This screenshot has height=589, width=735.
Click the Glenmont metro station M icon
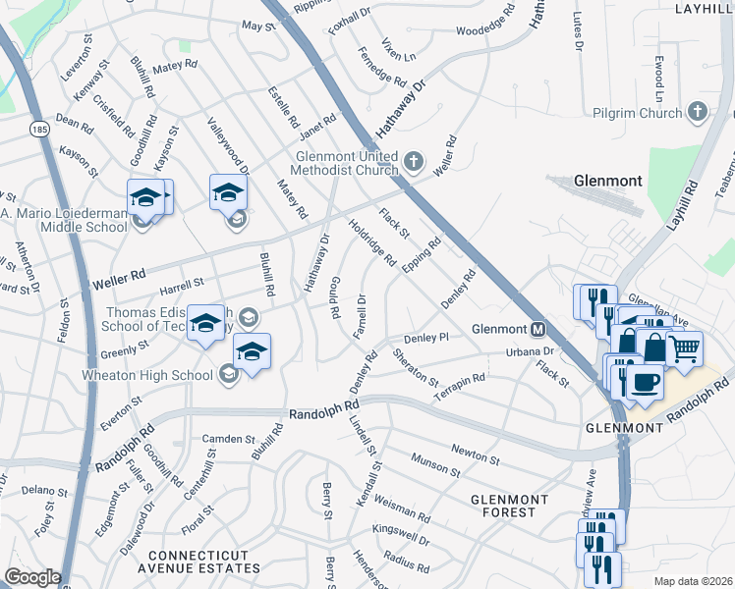point(538,329)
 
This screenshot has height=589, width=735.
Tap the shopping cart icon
point(684,347)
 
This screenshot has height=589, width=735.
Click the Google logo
point(32,577)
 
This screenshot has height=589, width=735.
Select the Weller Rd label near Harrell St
point(119,280)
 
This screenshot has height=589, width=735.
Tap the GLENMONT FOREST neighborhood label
point(503,506)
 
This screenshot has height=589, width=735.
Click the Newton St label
point(476,454)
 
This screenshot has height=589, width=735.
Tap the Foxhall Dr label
point(349,19)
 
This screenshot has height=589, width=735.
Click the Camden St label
point(228,439)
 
